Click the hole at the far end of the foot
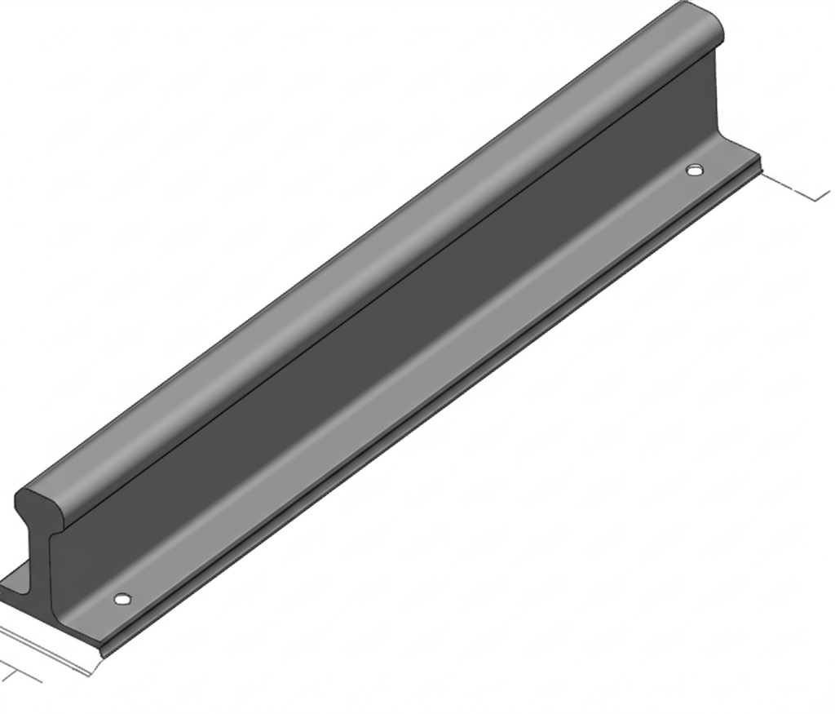[695, 170]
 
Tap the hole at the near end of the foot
[122, 599]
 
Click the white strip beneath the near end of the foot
[49, 649]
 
